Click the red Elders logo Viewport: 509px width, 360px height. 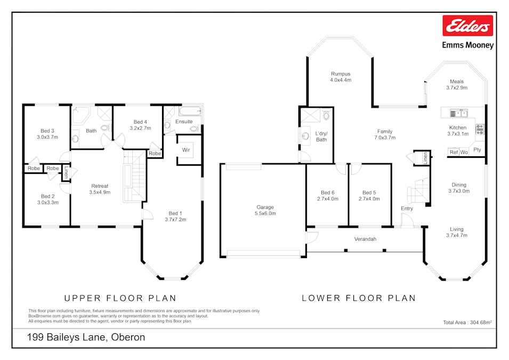click(467, 25)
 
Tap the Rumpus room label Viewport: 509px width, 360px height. click(340, 74)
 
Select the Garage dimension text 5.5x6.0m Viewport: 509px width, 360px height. click(265, 213)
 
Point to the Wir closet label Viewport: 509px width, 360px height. click(186, 150)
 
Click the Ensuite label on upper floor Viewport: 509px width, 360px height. click(184, 122)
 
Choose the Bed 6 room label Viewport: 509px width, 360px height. click(328, 193)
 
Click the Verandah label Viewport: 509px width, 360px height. click(365, 239)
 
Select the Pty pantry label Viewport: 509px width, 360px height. click(477, 150)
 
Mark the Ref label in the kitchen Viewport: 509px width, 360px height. click(454, 153)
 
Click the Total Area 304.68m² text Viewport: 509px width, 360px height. click(467, 322)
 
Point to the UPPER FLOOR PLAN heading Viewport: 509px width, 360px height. click(120, 298)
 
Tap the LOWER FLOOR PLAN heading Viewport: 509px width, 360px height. click(359, 298)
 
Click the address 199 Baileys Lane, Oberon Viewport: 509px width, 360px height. click(86, 337)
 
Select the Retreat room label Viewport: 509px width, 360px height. click(99, 186)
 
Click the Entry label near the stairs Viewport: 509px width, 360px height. click(407, 209)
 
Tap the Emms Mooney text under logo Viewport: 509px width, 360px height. click(467, 45)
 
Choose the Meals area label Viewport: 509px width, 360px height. click(457, 82)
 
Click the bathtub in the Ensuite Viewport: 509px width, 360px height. click(190, 111)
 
